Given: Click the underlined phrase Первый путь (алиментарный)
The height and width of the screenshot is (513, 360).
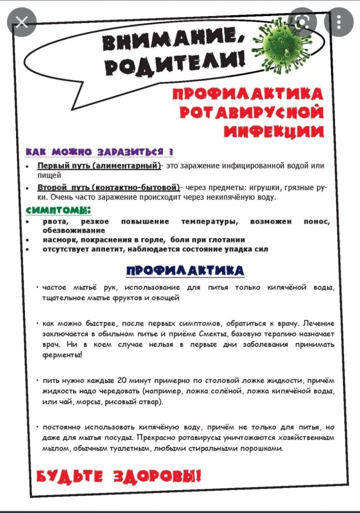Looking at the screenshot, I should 99,165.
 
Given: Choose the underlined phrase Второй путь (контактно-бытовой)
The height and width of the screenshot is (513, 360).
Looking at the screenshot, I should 109,187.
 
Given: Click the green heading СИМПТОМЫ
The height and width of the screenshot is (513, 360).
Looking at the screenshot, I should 59,210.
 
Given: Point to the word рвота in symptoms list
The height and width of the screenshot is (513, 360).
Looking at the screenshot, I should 55,221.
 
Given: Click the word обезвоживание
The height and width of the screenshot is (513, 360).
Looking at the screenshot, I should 74,230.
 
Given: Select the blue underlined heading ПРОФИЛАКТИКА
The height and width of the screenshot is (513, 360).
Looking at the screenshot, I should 185,271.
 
